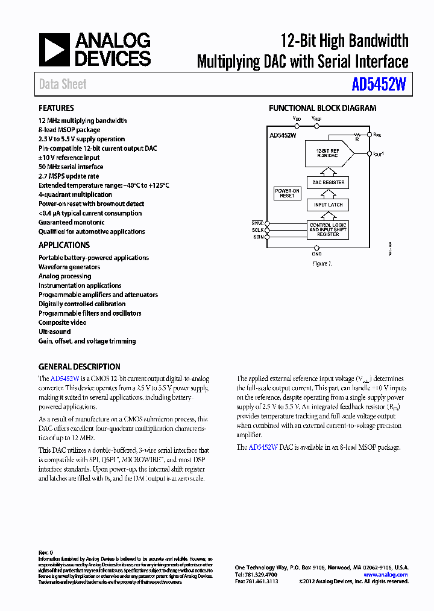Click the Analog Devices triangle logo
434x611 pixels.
[x=54, y=50]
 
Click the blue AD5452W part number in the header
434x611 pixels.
[x=379, y=85]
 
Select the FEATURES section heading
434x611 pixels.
[x=56, y=108]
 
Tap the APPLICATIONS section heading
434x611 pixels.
[x=64, y=245]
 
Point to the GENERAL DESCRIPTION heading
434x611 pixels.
[x=79, y=366]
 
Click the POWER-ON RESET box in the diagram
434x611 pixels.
[x=287, y=193]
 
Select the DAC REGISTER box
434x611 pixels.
[x=329, y=182]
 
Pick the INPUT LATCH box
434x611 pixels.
[x=329, y=205]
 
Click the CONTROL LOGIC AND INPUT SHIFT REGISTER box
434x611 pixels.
[x=329, y=229]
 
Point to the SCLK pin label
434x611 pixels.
[x=257, y=230]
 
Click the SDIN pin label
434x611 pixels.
[x=257, y=237]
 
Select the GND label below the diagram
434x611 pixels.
[x=317, y=254]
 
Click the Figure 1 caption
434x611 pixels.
[x=322, y=264]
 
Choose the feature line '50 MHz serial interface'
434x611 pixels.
[x=71, y=167]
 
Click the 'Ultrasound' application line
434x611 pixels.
[x=54, y=331]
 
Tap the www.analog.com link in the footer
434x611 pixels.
[x=385, y=575]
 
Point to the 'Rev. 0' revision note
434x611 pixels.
[x=46, y=552]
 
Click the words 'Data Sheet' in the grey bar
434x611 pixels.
[x=63, y=85]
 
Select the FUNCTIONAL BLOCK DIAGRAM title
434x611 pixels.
[x=322, y=108]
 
